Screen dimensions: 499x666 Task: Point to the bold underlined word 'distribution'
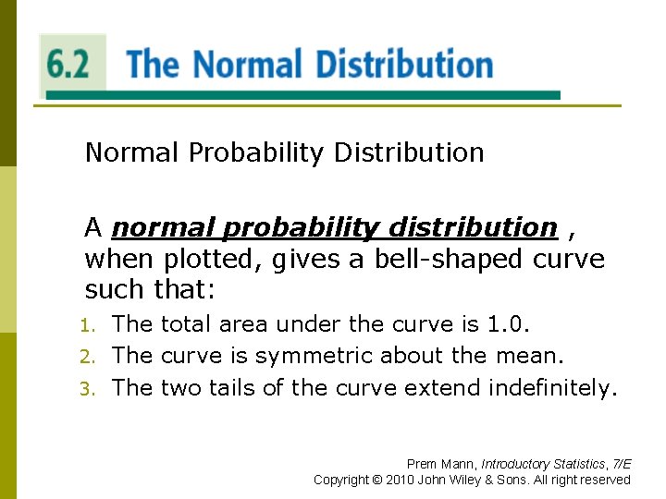[x=473, y=227]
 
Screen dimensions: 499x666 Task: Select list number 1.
[x=88, y=325]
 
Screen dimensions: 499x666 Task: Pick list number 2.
[x=88, y=357]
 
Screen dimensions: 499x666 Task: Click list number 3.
[x=88, y=389]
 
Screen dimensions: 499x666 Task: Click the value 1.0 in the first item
[x=510, y=324]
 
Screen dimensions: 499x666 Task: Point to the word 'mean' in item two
[x=531, y=356]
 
